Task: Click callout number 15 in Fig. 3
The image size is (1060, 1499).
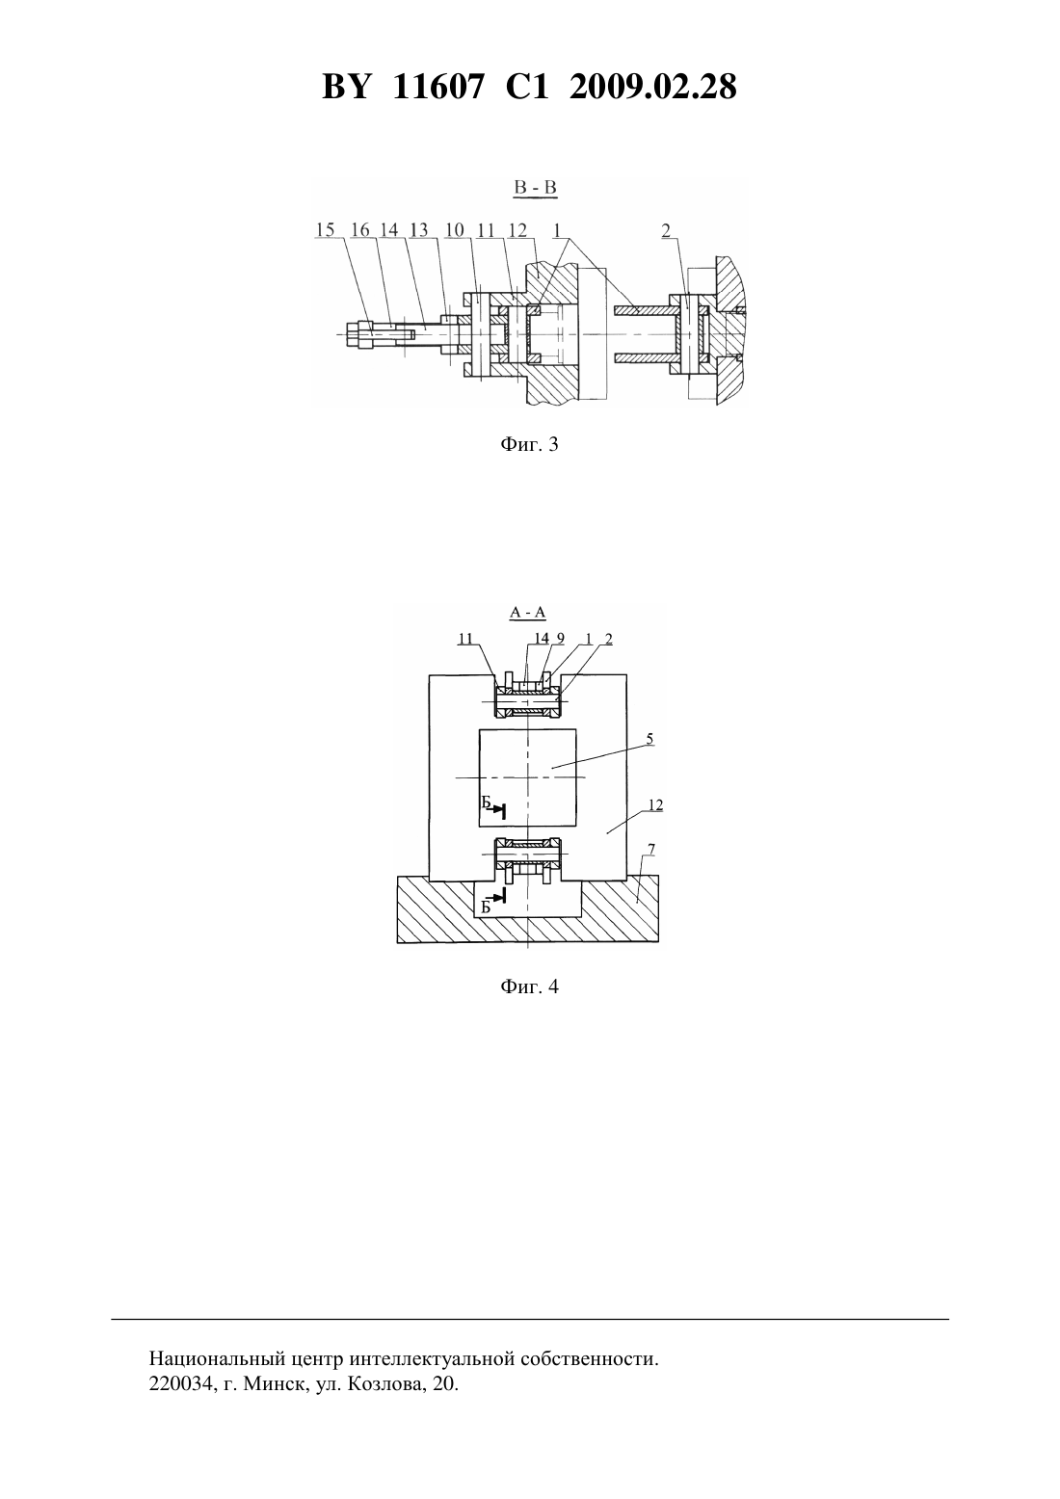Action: (326, 230)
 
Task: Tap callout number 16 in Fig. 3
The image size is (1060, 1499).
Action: (360, 230)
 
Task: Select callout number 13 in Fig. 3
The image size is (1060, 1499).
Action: (419, 230)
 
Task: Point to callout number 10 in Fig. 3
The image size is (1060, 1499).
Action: (455, 230)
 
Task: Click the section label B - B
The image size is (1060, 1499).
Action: (536, 187)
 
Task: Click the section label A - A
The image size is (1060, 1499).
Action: (528, 613)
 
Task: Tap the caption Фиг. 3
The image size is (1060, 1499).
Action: (529, 444)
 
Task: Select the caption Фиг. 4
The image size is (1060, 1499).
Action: (529, 986)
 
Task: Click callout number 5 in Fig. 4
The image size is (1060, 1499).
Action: (649, 739)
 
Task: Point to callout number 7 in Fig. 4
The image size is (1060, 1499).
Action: (651, 850)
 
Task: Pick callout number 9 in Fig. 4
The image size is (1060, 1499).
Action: (560, 639)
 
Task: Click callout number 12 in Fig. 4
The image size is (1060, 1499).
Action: (655, 805)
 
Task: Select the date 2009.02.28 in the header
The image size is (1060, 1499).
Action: (653, 87)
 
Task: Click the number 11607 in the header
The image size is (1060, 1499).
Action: (437, 87)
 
